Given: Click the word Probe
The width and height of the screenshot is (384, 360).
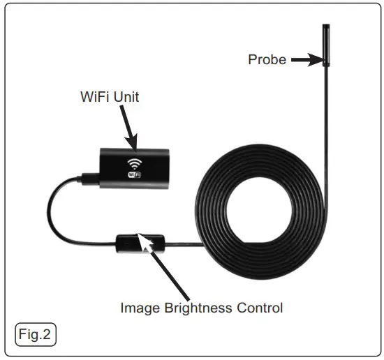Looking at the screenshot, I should [267, 60].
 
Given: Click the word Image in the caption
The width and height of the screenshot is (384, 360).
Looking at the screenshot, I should [138, 307].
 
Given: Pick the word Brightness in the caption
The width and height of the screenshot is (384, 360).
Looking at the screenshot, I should [198, 307].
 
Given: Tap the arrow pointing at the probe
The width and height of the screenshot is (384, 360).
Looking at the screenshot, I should [304, 61].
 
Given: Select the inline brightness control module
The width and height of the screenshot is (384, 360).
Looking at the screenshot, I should [140, 243].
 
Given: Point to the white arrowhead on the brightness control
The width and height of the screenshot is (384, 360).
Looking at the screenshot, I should [147, 241].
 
